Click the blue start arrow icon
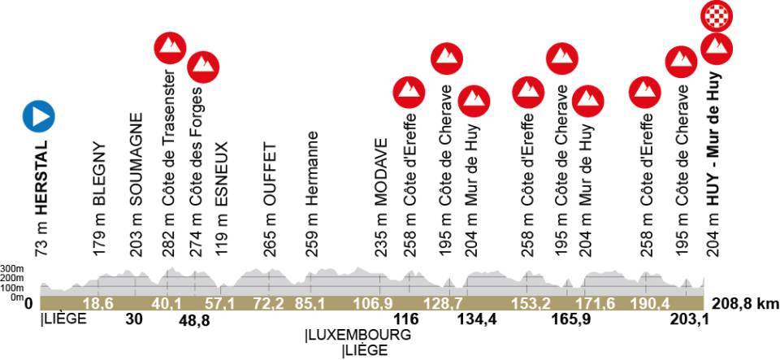click(39, 117)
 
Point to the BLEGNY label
click(100, 199)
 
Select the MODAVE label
click(380, 199)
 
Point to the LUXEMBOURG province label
click(357, 335)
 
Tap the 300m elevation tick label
click(11, 268)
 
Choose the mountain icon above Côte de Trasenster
click(170, 49)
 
